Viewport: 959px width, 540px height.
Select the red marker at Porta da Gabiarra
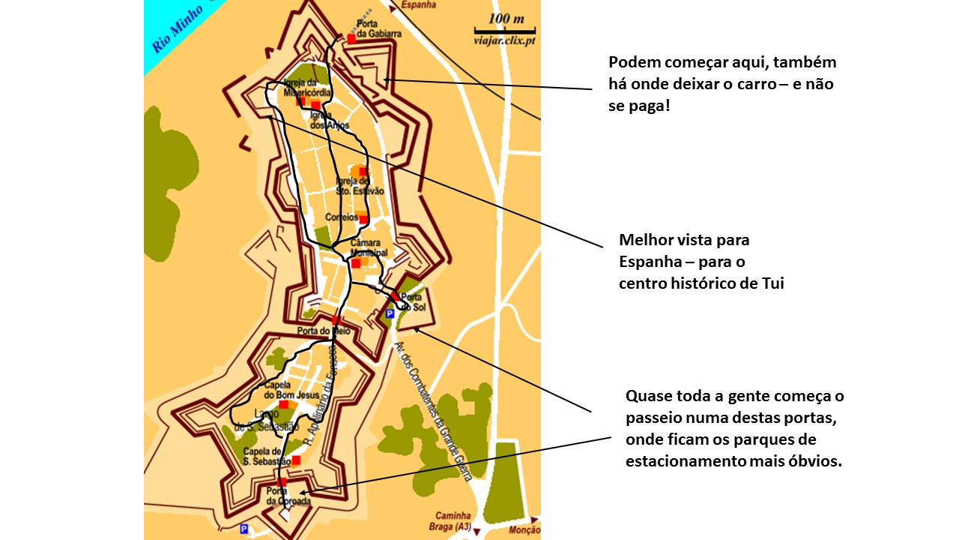pyautogui.click(x=351, y=37)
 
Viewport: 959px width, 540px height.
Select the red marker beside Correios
pyautogui.click(x=363, y=219)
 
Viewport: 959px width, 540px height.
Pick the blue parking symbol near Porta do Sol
pyautogui.click(x=389, y=313)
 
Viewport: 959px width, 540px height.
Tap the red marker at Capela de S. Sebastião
pyautogui.click(x=296, y=460)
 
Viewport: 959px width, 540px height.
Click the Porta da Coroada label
pyautogui.click(x=288, y=496)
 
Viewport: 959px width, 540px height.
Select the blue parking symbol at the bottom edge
pyautogui.click(x=243, y=529)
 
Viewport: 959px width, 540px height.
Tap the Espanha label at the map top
pyautogui.click(x=419, y=4)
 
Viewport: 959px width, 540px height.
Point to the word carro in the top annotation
pyautogui.click(x=751, y=84)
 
